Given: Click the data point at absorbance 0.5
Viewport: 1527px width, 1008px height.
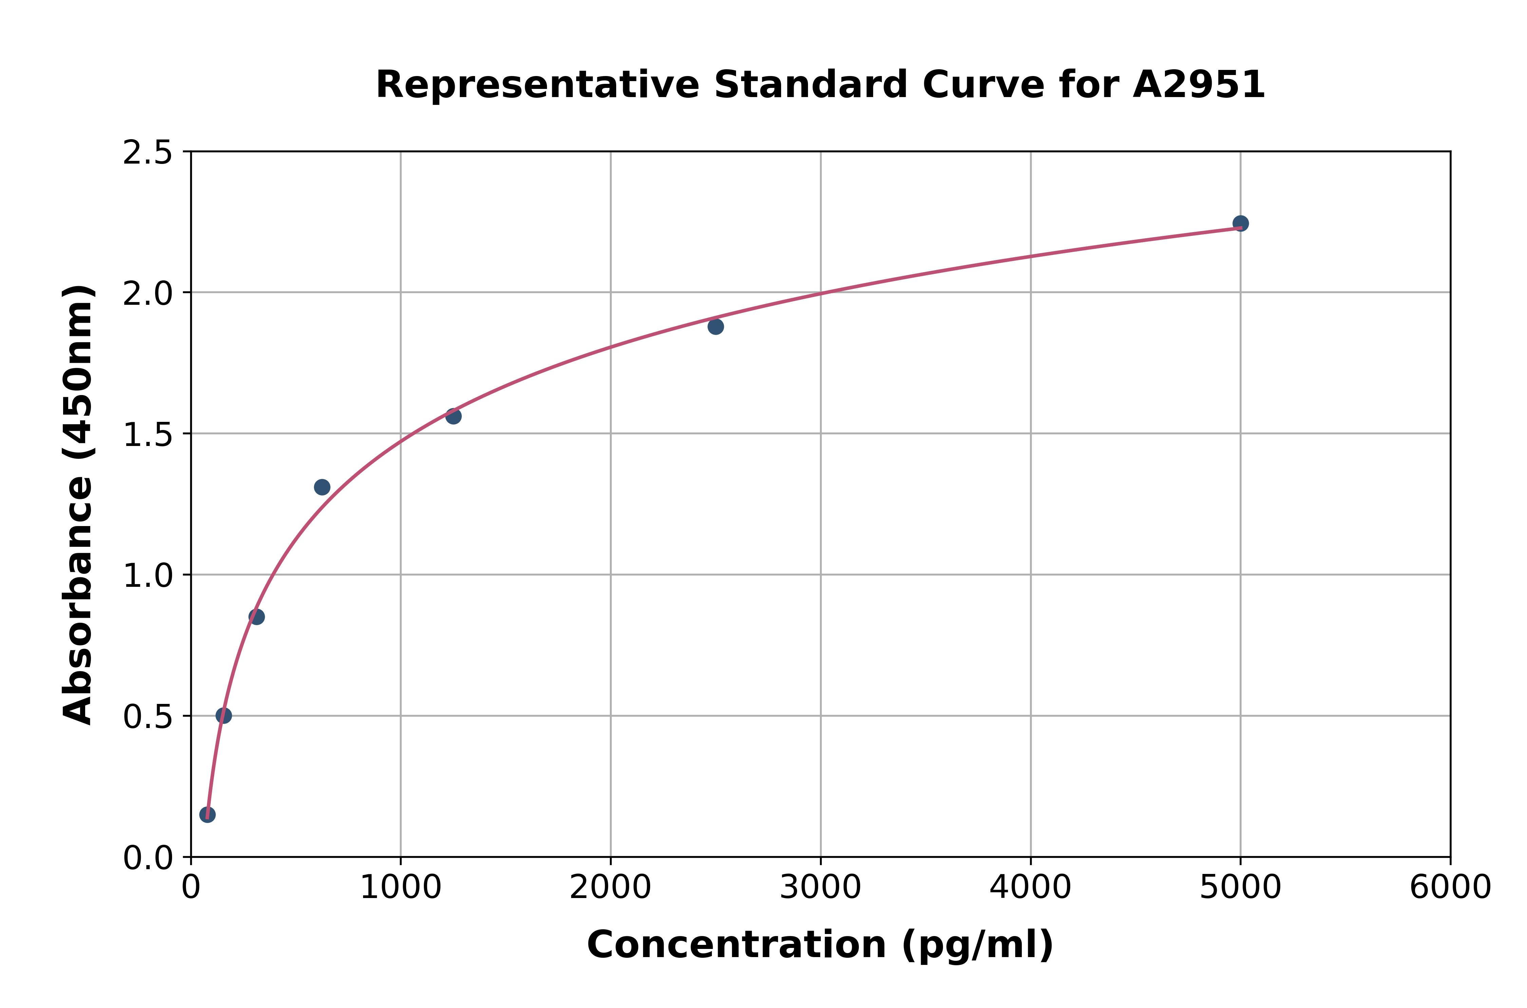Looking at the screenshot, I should [x=224, y=715].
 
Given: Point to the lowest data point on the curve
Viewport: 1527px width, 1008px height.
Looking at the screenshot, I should [x=207, y=815].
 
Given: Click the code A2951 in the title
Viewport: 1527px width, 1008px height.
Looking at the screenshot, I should [x=1199, y=85].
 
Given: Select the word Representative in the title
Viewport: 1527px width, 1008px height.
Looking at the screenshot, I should [x=536, y=85].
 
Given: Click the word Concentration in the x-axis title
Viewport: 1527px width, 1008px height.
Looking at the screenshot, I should [x=736, y=945].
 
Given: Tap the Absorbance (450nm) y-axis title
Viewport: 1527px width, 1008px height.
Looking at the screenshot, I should [x=78, y=505].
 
